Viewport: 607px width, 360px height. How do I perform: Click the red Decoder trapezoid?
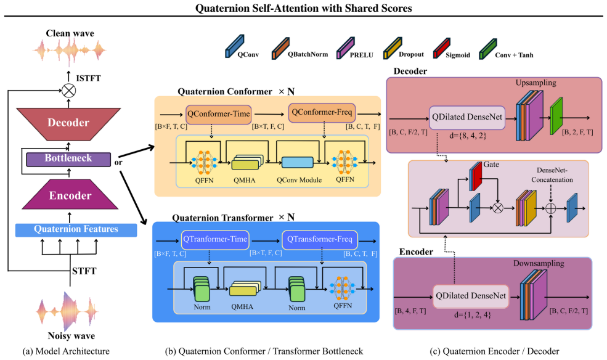coord(68,124)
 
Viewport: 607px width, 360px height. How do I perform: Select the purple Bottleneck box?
coord(68,158)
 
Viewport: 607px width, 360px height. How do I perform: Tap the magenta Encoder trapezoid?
coord(70,195)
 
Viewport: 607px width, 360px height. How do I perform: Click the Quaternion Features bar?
coord(76,229)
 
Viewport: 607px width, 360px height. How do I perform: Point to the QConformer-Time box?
coord(219,114)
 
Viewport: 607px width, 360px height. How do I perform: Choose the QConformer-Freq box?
coord(322,113)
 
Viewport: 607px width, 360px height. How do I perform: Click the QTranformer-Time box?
coord(215,240)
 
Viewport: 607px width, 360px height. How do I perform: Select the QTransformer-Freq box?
coord(320,240)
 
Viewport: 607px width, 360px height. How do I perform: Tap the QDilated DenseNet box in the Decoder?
coord(467,118)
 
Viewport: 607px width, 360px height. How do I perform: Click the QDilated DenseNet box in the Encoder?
coord(471,297)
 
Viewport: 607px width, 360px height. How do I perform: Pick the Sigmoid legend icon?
coord(442,48)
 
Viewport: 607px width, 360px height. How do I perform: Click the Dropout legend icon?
coord(393,48)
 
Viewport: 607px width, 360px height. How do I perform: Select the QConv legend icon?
coord(235,47)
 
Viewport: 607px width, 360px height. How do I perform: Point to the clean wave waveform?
coord(70,51)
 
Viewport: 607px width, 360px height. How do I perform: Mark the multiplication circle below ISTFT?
coord(69,91)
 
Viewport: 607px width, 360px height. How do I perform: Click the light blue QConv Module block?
coord(297,163)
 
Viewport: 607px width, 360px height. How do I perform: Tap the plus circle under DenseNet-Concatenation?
coord(550,208)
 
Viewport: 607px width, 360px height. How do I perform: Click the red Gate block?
coord(476,176)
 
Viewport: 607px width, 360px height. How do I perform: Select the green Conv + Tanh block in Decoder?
coord(556,116)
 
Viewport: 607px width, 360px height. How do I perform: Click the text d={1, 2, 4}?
coord(472,315)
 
